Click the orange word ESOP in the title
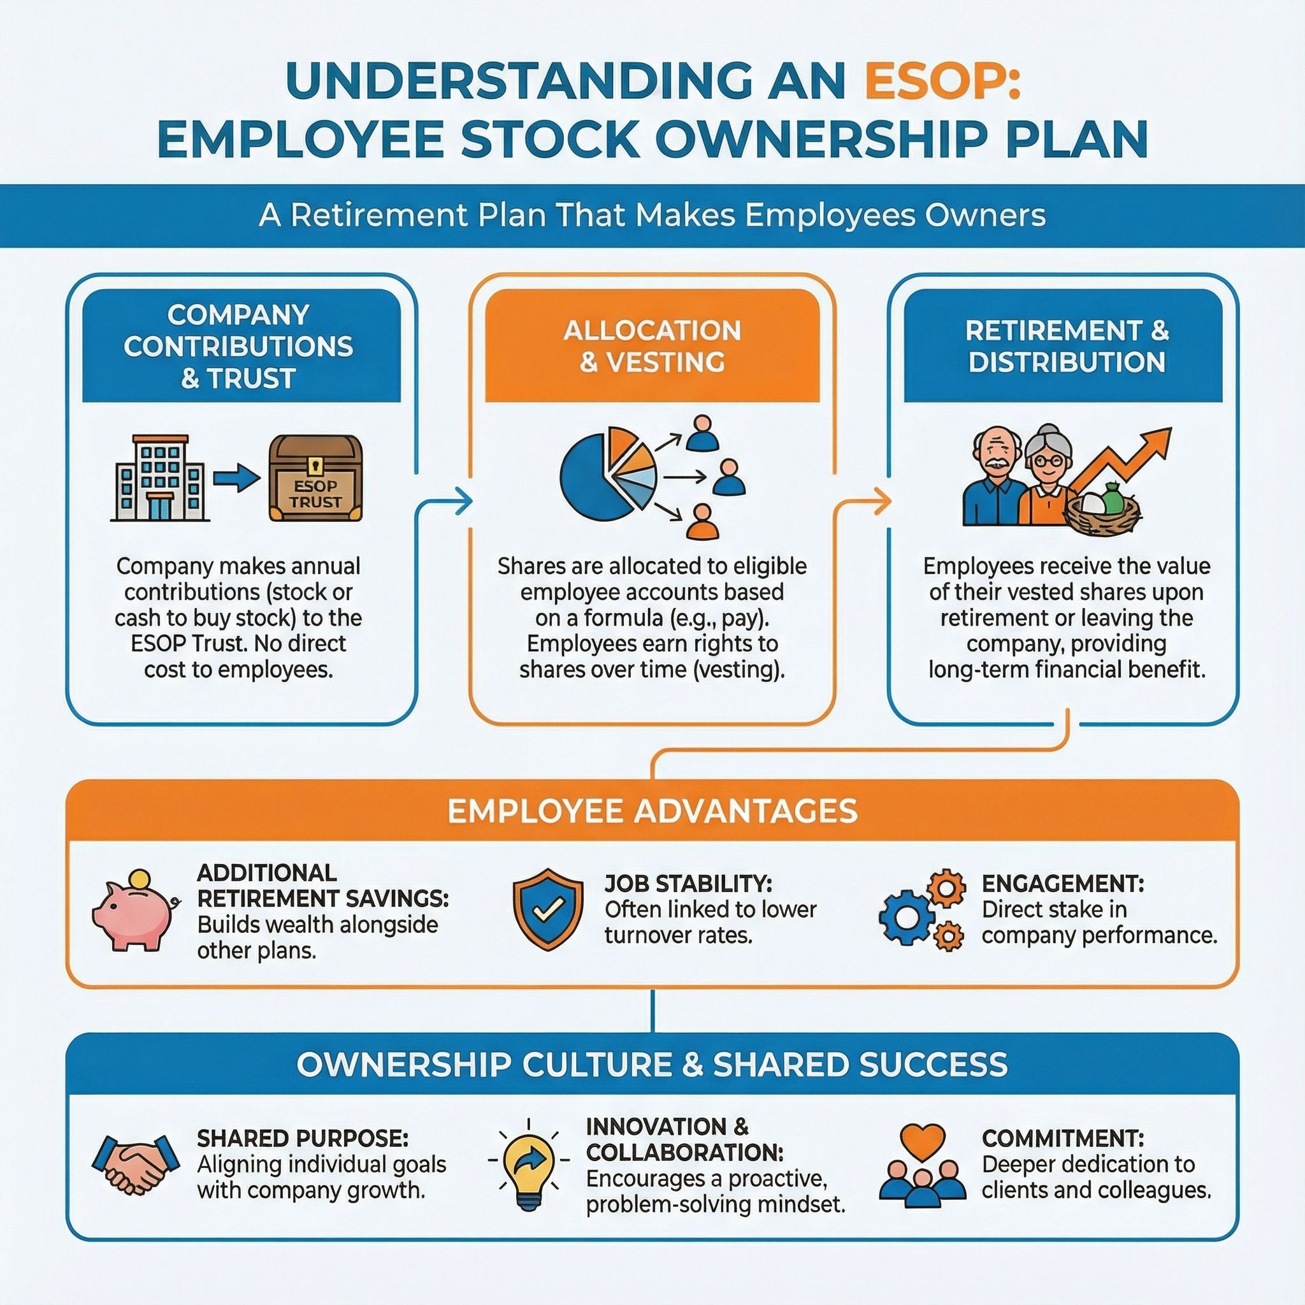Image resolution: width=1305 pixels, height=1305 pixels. coord(943,82)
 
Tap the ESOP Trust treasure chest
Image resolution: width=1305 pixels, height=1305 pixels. coord(315,479)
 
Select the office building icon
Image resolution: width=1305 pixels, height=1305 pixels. coord(160,479)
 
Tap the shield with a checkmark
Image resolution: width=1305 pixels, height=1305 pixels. coord(548,910)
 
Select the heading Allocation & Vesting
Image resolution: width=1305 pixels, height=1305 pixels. coord(652,347)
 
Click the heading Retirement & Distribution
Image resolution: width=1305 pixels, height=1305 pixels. coord(1067,347)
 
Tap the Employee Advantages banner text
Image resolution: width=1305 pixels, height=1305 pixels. coord(652,811)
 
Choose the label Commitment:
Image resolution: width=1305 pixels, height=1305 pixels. coord(1062,1138)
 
